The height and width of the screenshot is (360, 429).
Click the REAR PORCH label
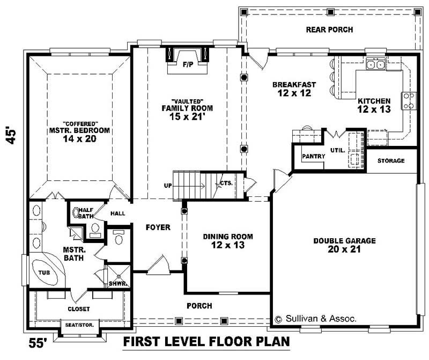click(x=329, y=30)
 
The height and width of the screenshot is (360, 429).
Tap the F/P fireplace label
click(x=188, y=65)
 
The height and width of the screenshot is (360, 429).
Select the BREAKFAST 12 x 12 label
click(x=293, y=89)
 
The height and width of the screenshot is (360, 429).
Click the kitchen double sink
click(x=375, y=64)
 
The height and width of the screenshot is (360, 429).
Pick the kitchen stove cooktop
click(x=409, y=100)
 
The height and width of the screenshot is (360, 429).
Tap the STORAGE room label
click(x=391, y=161)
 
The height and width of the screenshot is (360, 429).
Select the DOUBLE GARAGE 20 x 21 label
click(x=344, y=245)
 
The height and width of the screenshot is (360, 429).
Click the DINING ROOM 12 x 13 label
click(x=227, y=240)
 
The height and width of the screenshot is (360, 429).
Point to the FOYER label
click(x=158, y=227)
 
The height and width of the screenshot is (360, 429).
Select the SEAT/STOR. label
click(x=78, y=325)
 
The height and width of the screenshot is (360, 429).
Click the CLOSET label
click(x=78, y=309)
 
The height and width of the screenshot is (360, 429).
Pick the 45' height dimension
click(x=12, y=134)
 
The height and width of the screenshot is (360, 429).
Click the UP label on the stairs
click(x=168, y=186)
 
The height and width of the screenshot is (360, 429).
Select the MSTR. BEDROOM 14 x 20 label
click(x=79, y=130)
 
